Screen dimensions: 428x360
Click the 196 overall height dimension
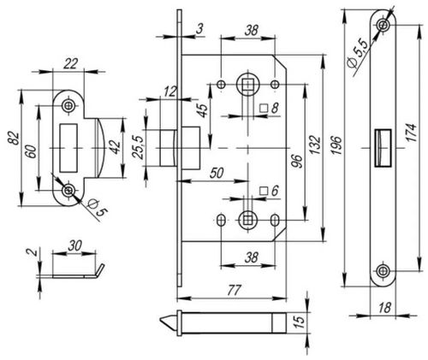337,145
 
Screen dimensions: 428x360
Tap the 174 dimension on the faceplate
412,132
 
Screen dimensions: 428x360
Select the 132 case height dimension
315,145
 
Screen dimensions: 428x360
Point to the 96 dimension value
297,162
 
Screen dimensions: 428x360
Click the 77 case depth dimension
235,290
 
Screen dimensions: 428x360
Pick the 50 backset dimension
217,173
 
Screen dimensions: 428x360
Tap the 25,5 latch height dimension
139,147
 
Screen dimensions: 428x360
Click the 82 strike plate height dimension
15,139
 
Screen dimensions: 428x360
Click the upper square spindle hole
247,85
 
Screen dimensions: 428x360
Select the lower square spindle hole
247,220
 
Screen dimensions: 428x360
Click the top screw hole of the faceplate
383,25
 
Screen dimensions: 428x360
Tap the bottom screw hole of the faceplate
383,270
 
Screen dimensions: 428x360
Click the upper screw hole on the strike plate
68,105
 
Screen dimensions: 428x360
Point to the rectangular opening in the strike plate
68,148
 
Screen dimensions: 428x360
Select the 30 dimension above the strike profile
74,245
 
